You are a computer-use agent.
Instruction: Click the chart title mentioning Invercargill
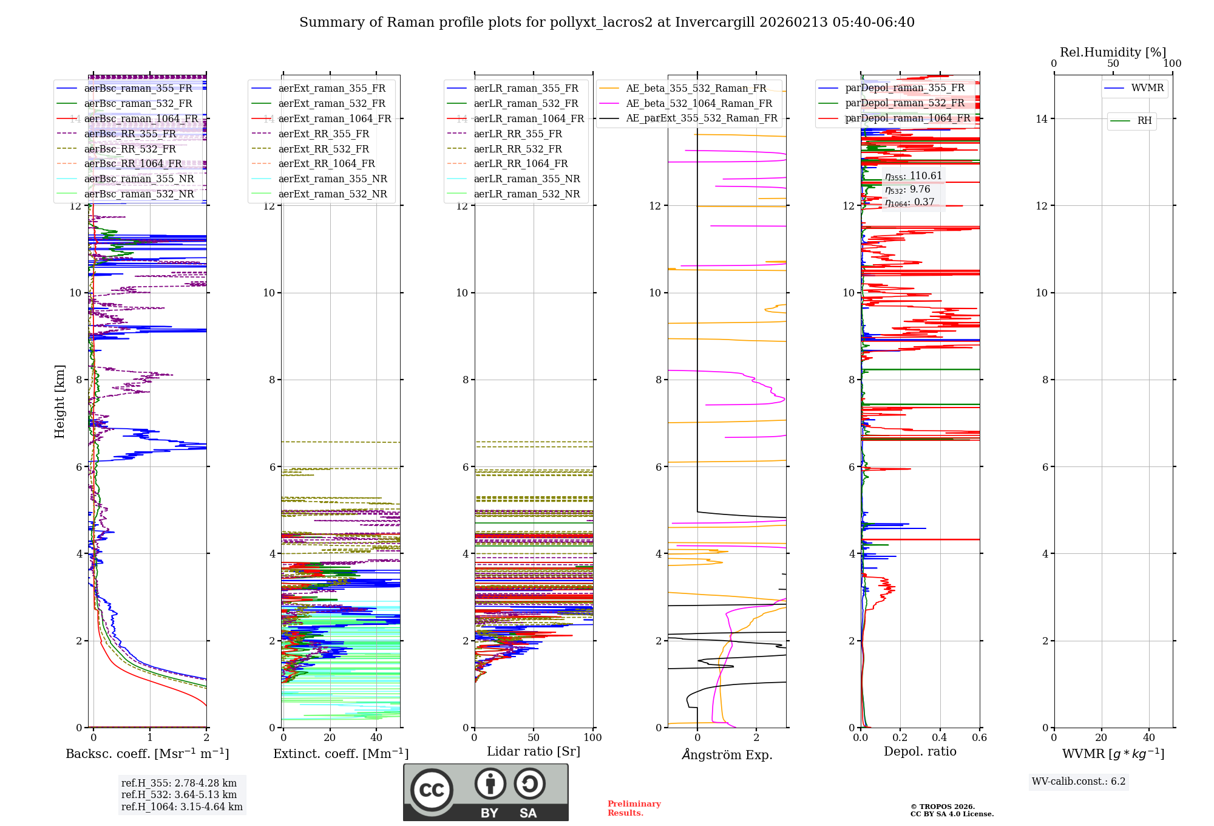tap(606, 22)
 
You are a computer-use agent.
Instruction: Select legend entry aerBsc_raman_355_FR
tap(138, 89)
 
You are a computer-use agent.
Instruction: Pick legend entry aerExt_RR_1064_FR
tap(327, 164)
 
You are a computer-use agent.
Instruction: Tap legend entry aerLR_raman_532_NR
tap(526, 194)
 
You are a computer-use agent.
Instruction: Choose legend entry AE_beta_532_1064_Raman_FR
tap(699, 104)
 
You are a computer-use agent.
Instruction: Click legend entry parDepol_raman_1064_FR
tap(907, 118)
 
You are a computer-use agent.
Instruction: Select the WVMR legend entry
tap(1147, 88)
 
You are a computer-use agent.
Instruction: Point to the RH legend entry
tap(1144, 121)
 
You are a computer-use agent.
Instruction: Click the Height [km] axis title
tap(59, 401)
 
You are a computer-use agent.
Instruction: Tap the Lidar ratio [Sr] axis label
tap(533, 752)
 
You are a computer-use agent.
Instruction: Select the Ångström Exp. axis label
tap(727, 755)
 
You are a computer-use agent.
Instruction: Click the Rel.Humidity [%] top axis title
tap(1113, 52)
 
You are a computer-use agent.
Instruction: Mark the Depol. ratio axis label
tap(920, 752)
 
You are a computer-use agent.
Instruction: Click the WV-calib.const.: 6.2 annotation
tap(1079, 782)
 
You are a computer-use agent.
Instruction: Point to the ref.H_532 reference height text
tap(179, 795)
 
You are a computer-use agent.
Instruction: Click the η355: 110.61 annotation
tap(913, 176)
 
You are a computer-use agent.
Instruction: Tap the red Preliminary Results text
tap(634, 808)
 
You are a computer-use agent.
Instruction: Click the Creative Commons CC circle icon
tap(432, 790)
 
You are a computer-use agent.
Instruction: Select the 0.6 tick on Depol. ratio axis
tap(979, 738)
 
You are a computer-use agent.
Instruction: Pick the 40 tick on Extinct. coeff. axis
tap(376, 738)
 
